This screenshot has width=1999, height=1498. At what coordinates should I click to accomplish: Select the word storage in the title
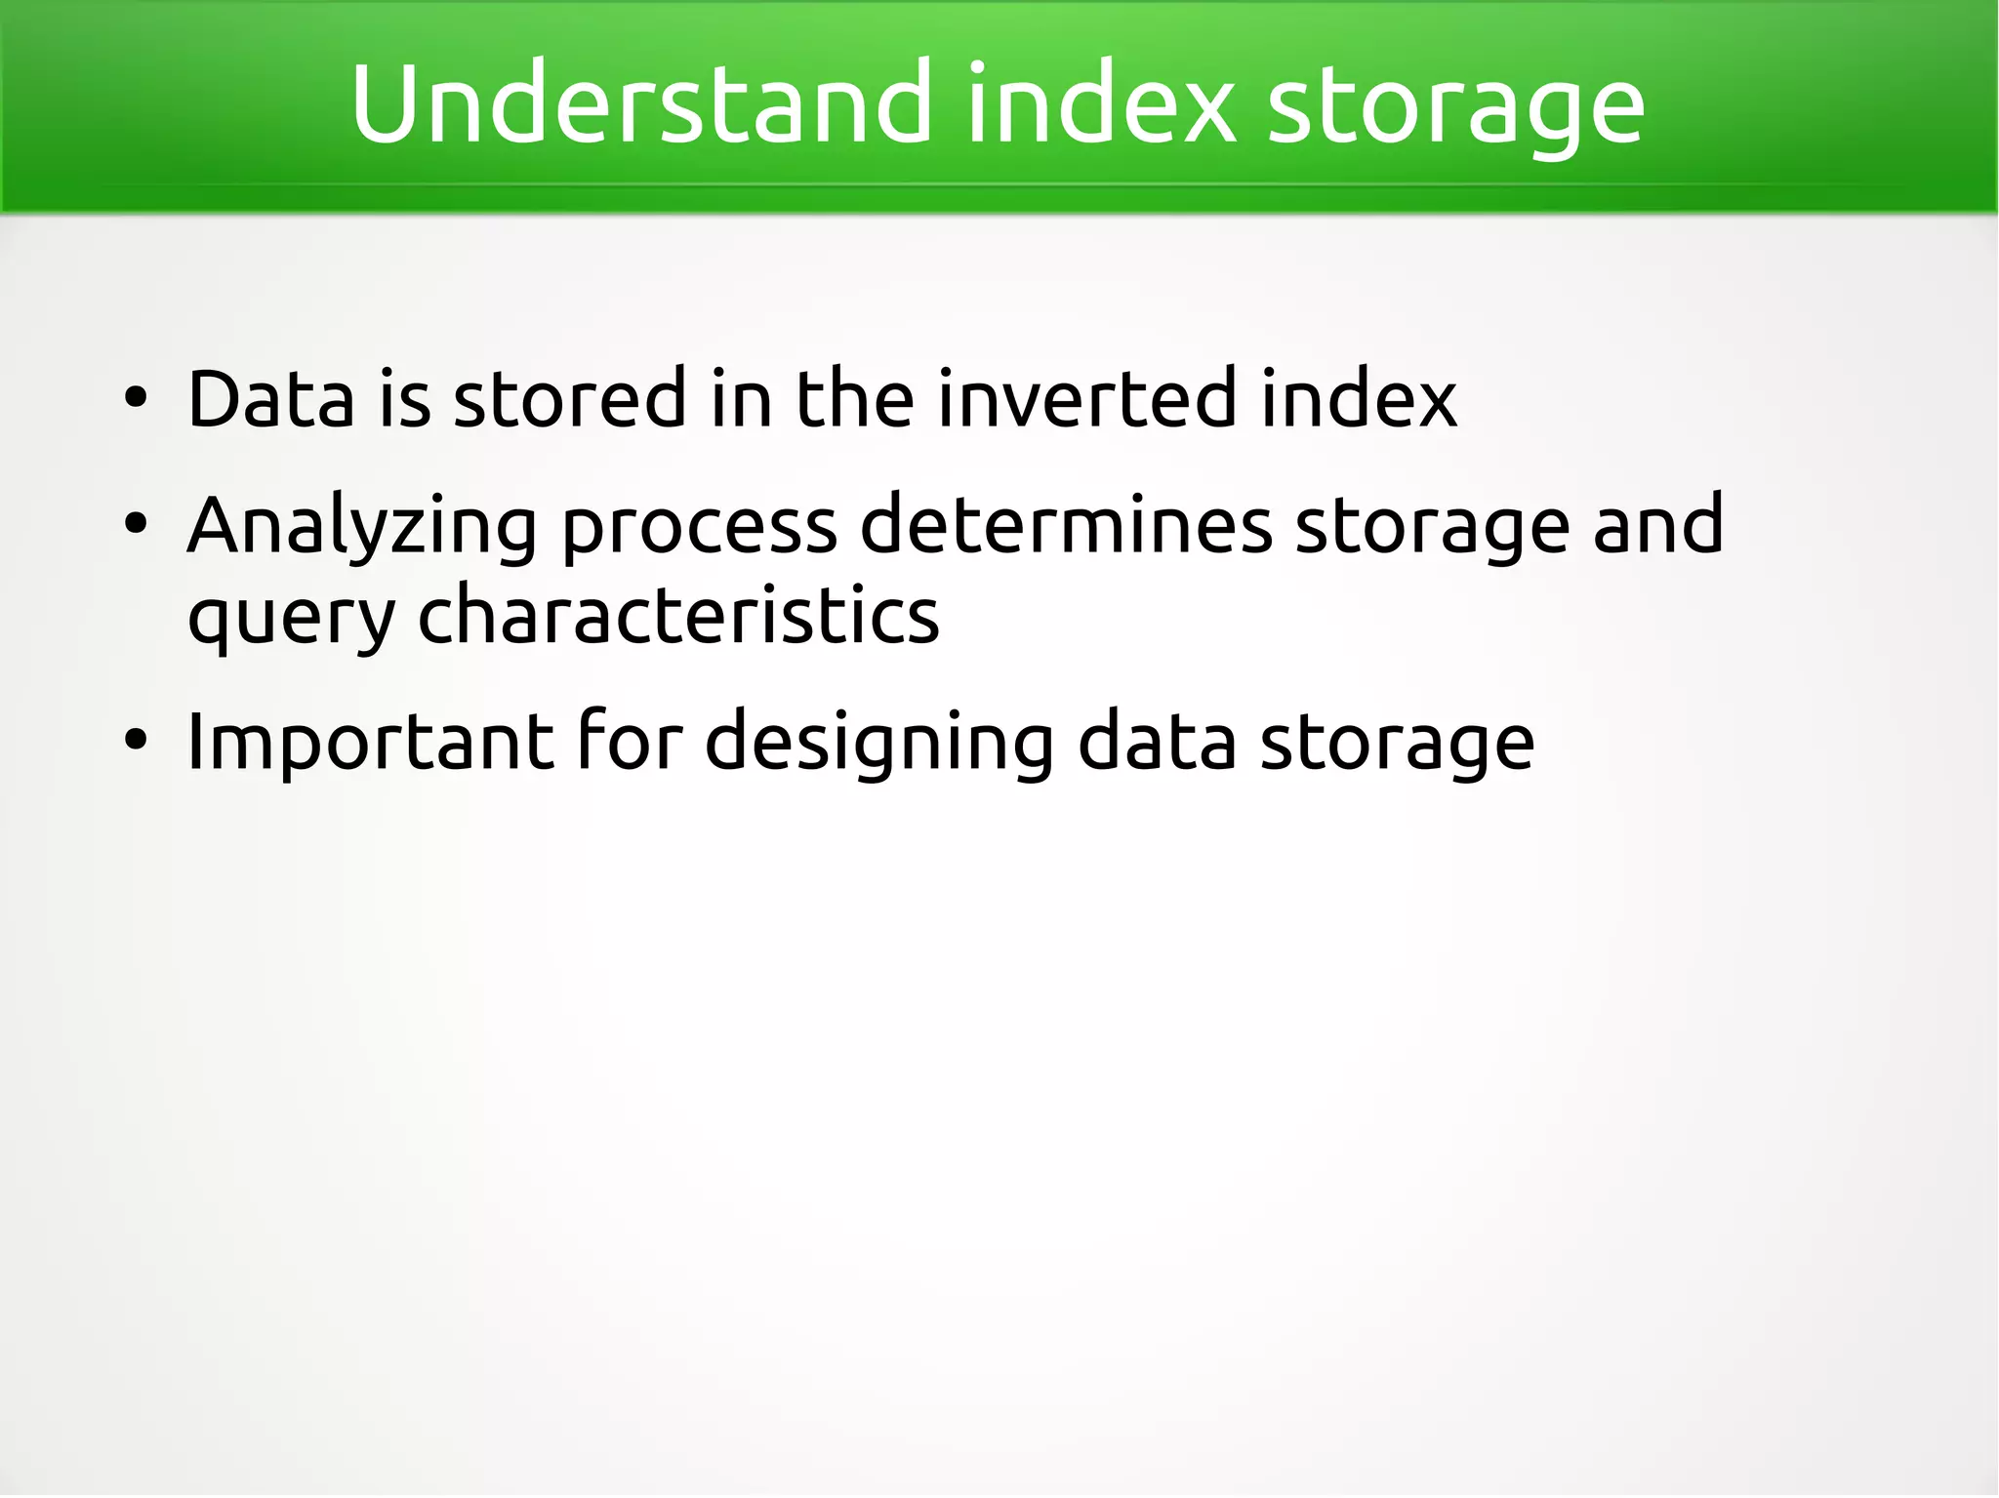[x=1454, y=107]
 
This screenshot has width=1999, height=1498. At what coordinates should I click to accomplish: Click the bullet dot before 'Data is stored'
[x=136, y=398]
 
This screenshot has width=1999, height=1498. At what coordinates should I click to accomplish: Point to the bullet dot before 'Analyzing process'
[x=136, y=525]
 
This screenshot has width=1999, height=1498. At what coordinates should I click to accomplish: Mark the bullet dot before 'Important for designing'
[x=136, y=741]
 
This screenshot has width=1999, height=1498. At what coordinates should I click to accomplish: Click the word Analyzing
[x=361, y=527]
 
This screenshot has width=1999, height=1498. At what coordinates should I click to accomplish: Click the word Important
[x=370, y=743]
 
